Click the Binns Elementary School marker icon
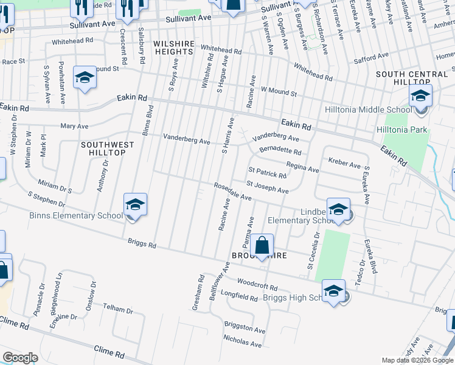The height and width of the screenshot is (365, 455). tap(136, 204)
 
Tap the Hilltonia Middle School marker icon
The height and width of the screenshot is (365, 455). tap(420, 96)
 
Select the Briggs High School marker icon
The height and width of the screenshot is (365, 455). tap(333, 291)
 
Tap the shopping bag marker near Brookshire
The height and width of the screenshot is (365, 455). tap(262, 246)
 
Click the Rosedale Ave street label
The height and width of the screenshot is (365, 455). tap(232, 192)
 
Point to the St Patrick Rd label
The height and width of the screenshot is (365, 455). tap(267, 172)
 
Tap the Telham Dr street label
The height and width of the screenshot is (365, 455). tap(117, 309)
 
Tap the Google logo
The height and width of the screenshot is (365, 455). tap(20, 358)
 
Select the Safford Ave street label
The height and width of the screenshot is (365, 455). tap(371, 56)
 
